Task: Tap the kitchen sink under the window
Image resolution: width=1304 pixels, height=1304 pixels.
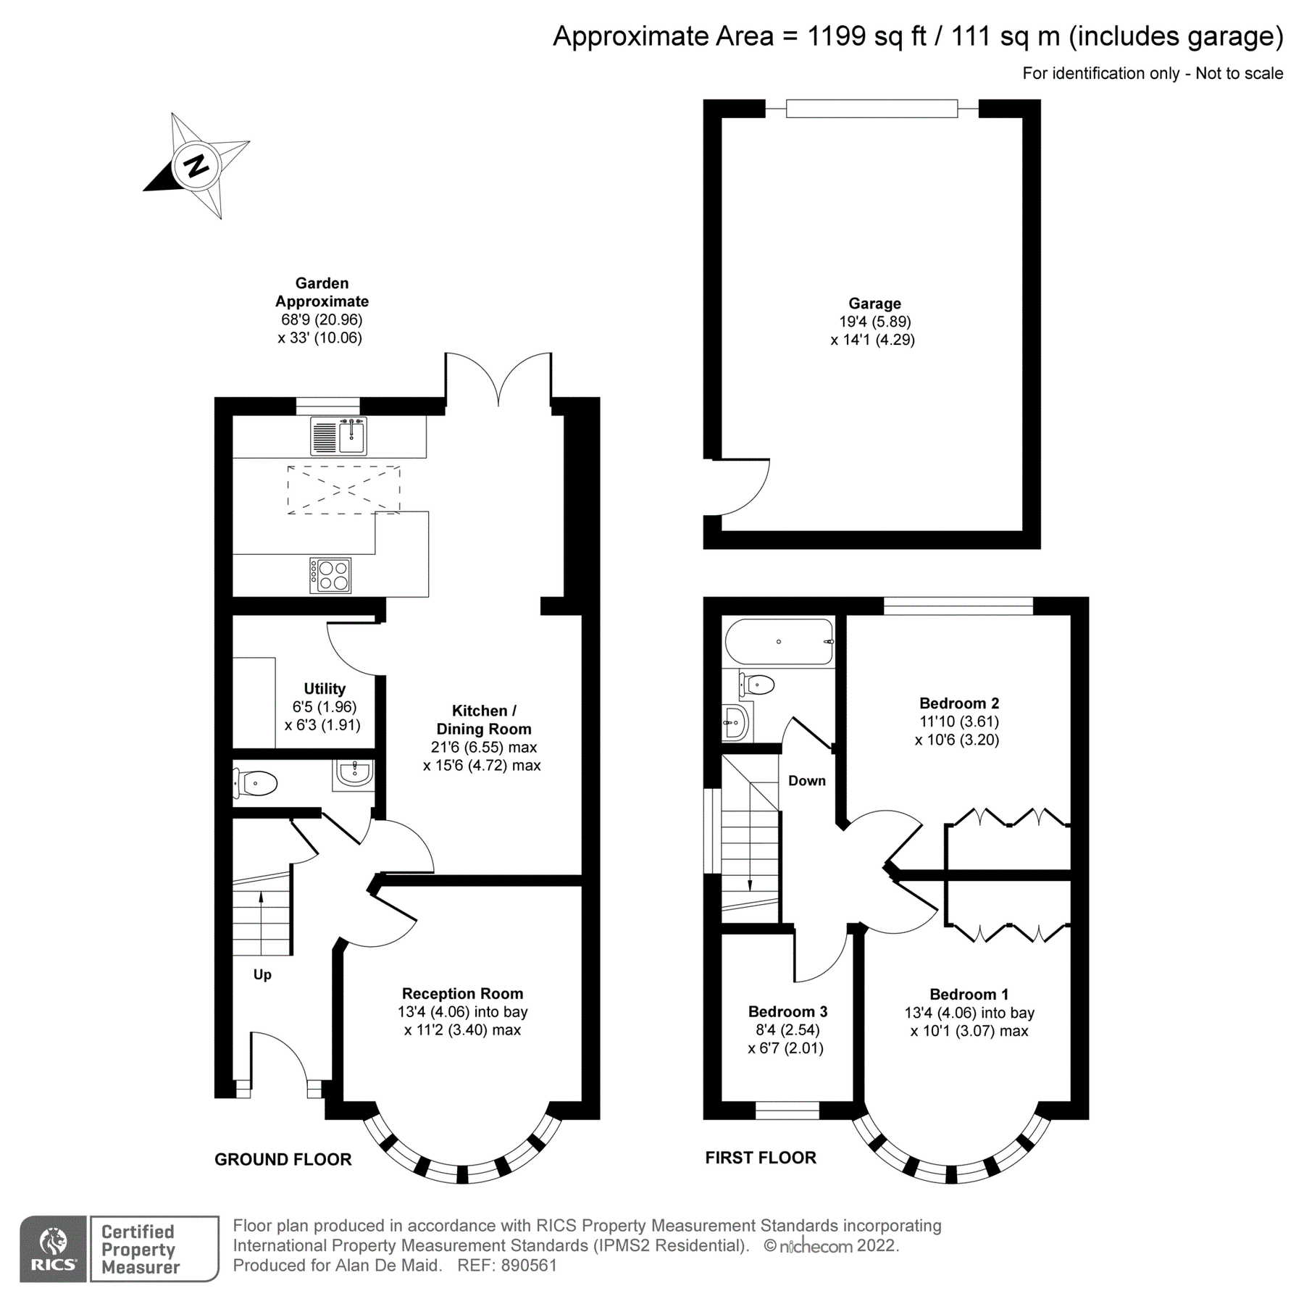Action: pyautogui.click(x=338, y=435)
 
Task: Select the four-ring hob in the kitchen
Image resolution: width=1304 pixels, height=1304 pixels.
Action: pyautogui.click(x=330, y=575)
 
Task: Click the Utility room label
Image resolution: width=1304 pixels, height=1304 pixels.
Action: pyautogui.click(x=324, y=688)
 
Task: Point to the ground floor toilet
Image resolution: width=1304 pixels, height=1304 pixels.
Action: pyautogui.click(x=256, y=783)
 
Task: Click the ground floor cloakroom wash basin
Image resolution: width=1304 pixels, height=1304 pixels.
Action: pyautogui.click(x=354, y=774)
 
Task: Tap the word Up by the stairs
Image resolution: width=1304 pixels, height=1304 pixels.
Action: pyautogui.click(x=262, y=974)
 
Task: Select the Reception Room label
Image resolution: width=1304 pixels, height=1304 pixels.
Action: pyautogui.click(x=462, y=993)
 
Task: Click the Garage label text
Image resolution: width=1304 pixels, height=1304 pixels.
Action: pyautogui.click(x=874, y=304)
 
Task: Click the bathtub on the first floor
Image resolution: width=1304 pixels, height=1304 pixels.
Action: pyautogui.click(x=779, y=641)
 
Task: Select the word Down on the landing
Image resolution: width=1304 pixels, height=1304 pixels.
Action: pyautogui.click(x=806, y=780)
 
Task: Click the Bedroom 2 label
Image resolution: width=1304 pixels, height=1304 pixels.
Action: pyautogui.click(x=958, y=703)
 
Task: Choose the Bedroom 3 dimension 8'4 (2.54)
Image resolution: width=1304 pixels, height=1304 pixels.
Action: pyautogui.click(x=787, y=1029)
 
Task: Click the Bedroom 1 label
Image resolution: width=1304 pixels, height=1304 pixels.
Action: pyautogui.click(x=969, y=994)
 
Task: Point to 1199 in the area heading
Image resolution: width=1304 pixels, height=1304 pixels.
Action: pyautogui.click(x=837, y=35)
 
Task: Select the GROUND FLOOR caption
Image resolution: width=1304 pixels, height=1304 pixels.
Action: pyautogui.click(x=283, y=1159)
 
